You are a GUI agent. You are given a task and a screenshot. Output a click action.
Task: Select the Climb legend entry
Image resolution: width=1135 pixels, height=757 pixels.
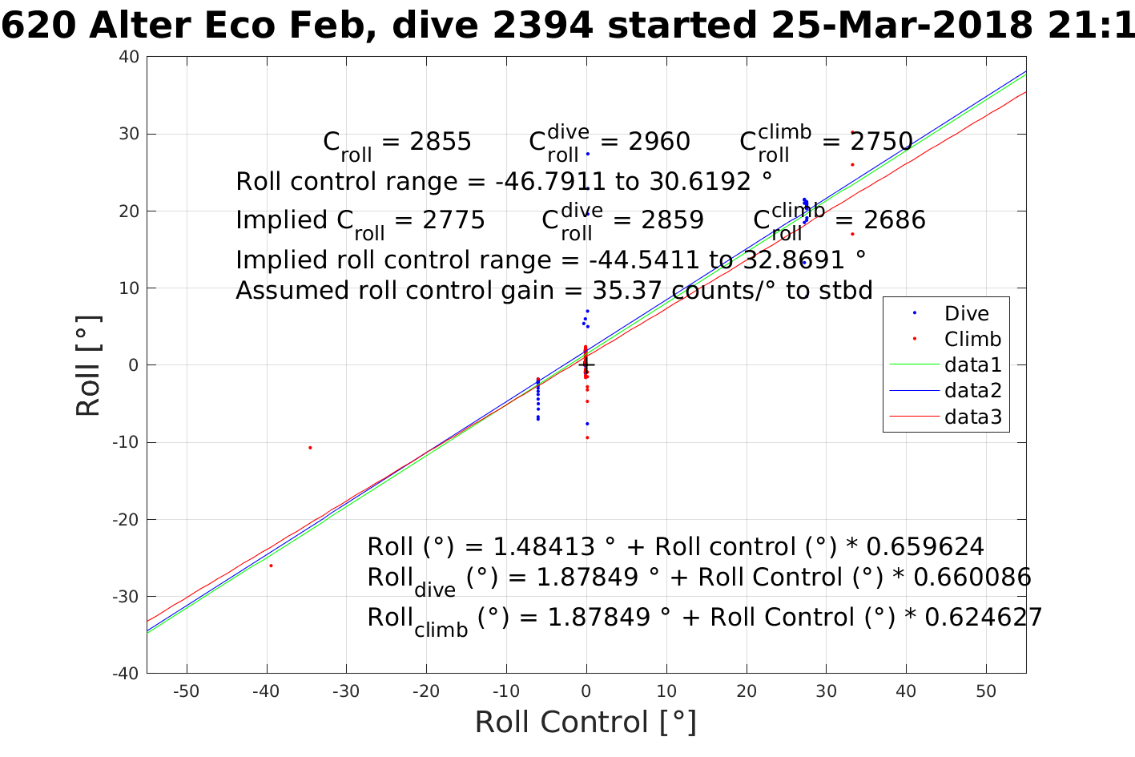(x=972, y=339)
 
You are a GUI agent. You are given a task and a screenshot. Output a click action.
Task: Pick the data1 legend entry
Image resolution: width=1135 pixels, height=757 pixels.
(x=972, y=365)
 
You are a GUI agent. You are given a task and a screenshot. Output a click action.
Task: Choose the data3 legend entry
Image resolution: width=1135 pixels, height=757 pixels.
(x=972, y=417)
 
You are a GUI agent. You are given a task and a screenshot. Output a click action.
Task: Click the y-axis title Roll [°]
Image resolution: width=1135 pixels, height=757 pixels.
(x=88, y=366)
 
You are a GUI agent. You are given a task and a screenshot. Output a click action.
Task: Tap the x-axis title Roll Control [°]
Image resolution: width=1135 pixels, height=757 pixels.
(x=586, y=722)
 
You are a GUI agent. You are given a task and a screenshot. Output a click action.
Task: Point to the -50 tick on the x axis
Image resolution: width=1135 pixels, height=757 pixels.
(x=187, y=691)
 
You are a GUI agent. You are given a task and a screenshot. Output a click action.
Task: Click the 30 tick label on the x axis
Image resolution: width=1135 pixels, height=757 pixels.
(x=826, y=691)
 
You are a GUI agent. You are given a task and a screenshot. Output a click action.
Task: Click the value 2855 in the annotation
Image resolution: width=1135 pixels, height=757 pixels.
(x=440, y=142)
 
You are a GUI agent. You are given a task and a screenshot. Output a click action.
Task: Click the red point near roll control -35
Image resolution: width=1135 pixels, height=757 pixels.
(x=310, y=448)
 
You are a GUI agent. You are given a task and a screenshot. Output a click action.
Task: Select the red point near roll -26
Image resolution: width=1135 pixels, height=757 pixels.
(x=271, y=566)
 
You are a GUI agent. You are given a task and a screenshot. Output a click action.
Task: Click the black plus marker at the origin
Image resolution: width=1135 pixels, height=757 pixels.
(x=586, y=365)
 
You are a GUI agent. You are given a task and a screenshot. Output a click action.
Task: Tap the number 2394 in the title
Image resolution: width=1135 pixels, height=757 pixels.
(x=545, y=26)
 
